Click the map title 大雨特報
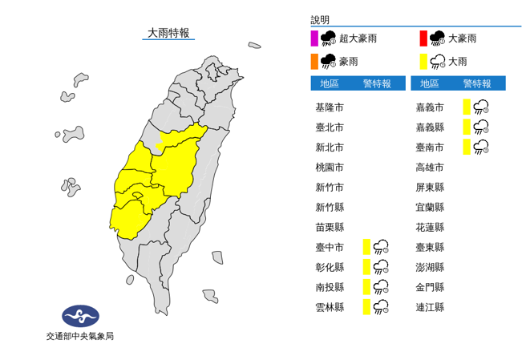[168, 33]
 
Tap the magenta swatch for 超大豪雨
[315, 38]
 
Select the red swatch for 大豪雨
[423, 38]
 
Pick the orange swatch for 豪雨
[315, 61]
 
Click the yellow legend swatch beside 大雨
[423, 61]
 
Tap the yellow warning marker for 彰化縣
[366, 267]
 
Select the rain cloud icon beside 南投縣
[382, 287]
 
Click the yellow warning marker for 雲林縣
[366, 306]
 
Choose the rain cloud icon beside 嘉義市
[481, 107]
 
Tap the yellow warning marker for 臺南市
[466, 146]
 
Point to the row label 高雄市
[430, 167]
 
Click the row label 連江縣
[430, 306]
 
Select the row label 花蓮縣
[430, 227]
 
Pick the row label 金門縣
[430, 287]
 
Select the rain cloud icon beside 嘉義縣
[481, 127]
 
